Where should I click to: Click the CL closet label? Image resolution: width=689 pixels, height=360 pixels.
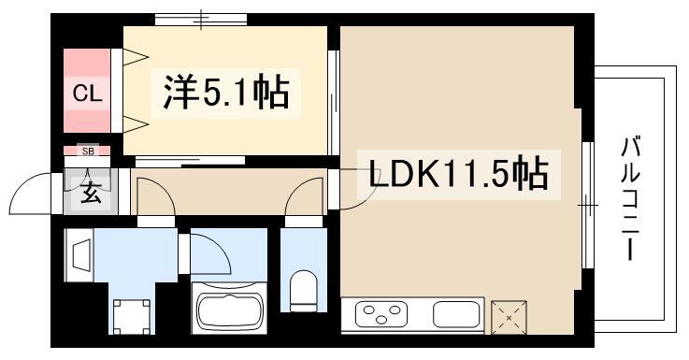click(x=87, y=94)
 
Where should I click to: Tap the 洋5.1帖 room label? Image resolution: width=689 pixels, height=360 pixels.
click(x=226, y=93)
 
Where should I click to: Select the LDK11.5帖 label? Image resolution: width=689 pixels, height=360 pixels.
click(x=458, y=174)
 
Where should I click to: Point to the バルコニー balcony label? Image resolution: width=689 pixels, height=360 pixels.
click(x=630, y=198)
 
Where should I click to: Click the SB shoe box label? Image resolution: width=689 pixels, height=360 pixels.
click(x=88, y=151)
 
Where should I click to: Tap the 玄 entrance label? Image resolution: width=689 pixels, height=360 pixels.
click(x=91, y=193)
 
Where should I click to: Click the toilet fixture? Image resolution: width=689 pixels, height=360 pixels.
click(x=304, y=291)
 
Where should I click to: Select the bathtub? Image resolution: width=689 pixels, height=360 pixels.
click(x=230, y=310)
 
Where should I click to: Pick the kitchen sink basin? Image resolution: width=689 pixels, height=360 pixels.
click(x=456, y=314)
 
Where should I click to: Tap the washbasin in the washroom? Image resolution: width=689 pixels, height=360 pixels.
click(x=79, y=255)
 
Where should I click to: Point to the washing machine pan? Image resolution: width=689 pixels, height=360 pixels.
click(x=132, y=316)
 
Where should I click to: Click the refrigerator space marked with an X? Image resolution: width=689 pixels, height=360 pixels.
click(x=509, y=317)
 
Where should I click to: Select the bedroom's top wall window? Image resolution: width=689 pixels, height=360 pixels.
click(x=201, y=20)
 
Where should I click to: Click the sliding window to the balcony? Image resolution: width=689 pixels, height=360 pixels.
click(x=587, y=205)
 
